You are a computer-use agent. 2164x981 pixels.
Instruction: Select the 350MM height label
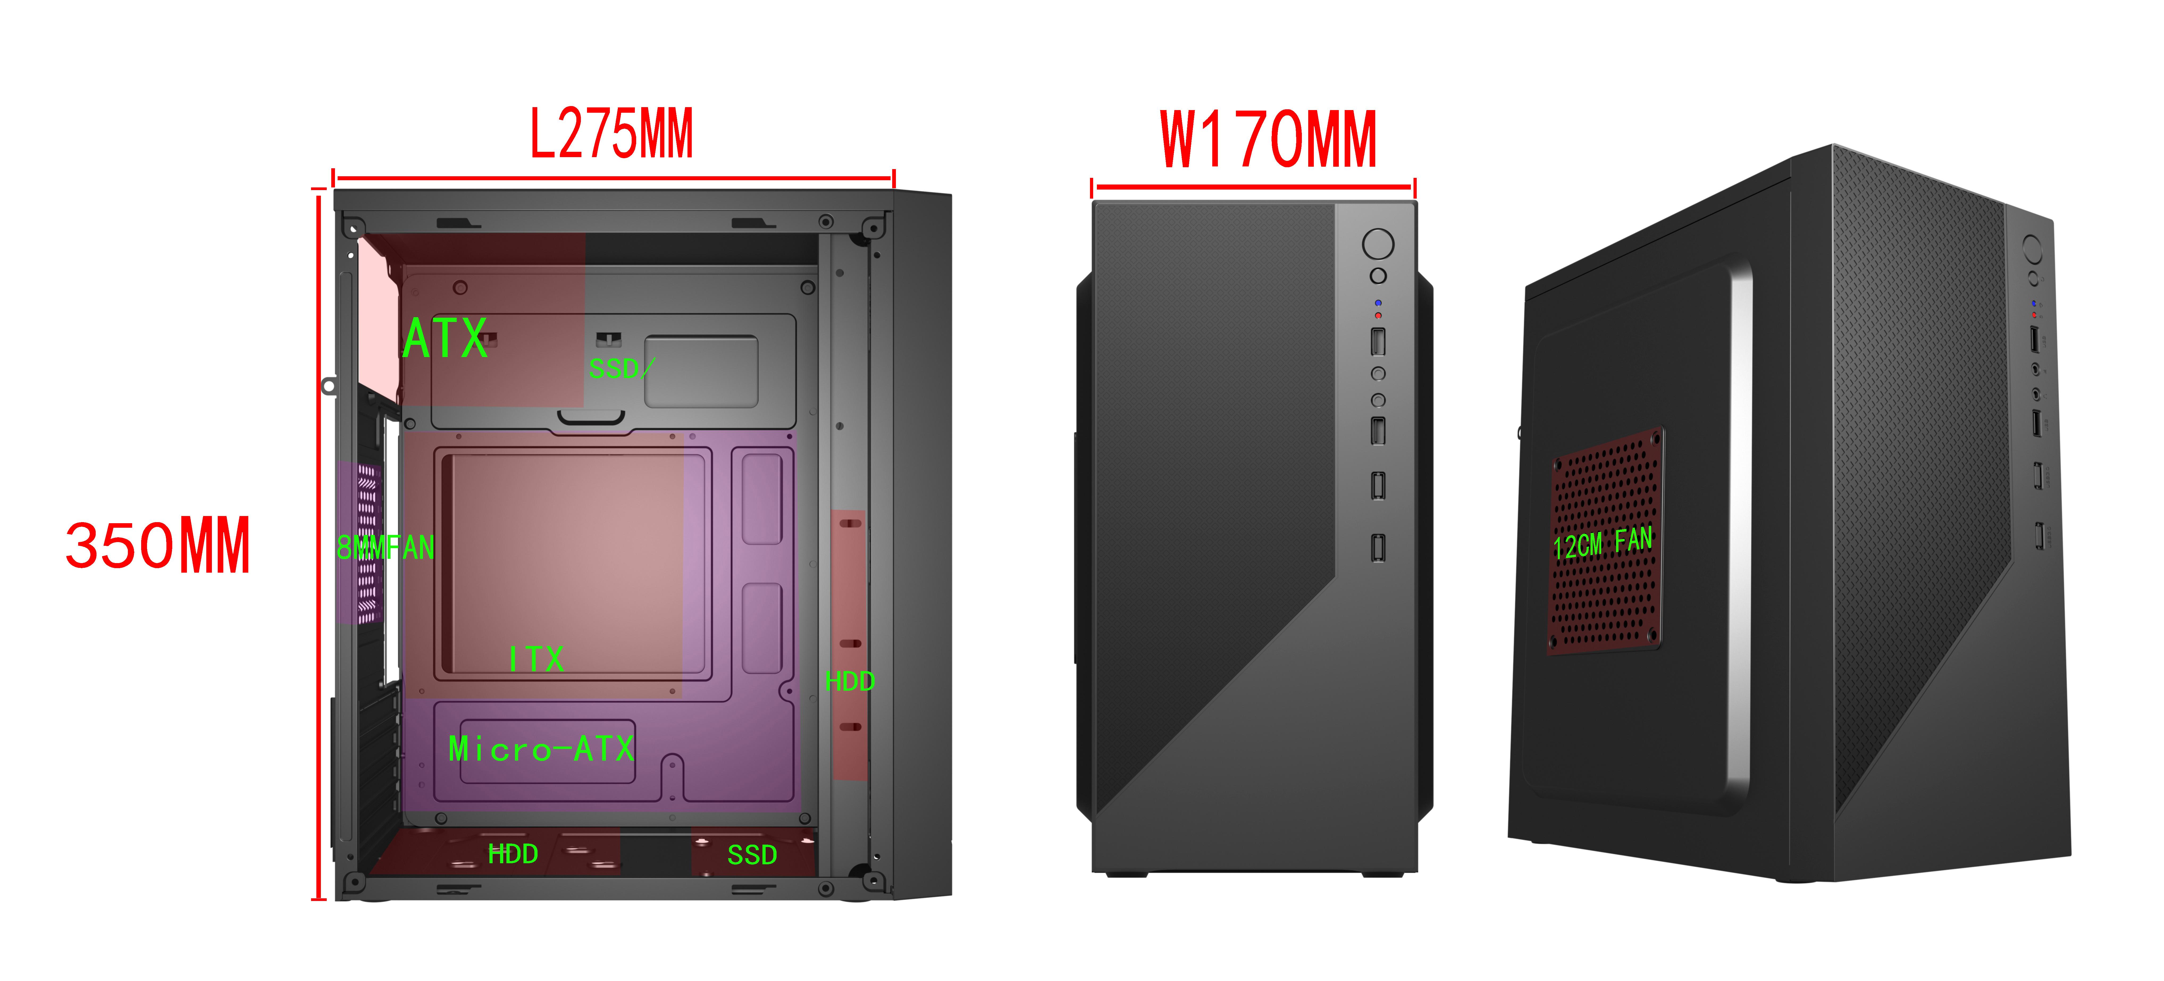point(158,546)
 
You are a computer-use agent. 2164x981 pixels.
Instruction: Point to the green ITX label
point(536,659)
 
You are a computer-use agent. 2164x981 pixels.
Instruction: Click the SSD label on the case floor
point(752,855)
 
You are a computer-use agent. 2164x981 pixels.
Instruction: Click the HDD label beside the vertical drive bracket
point(850,681)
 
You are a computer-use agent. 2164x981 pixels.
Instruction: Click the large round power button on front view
point(1378,244)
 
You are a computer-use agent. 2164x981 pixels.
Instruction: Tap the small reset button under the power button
point(1378,275)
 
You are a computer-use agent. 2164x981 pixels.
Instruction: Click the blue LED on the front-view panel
point(1378,302)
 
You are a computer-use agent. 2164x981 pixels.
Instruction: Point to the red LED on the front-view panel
point(1378,315)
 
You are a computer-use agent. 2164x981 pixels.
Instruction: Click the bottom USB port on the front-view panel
point(1378,548)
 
